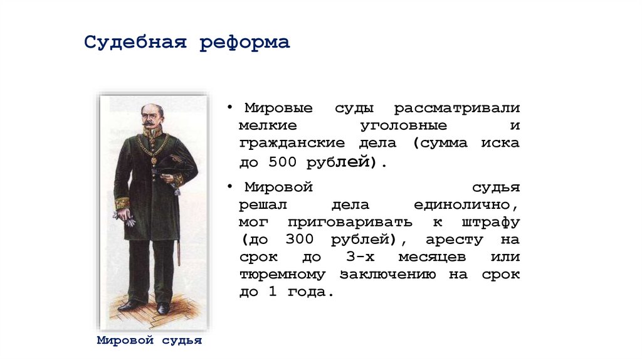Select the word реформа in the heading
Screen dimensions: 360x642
[x=245, y=43]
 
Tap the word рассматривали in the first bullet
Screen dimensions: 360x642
[x=457, y=108]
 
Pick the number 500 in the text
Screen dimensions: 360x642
[x=281, y=161]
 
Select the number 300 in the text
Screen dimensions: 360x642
[x=298, y=240]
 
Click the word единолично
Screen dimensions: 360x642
[x=465, y=204]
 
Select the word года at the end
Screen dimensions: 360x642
[x=307, y=292]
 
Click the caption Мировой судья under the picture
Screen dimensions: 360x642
[x=150, y=341]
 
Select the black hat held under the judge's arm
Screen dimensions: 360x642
[x=170, y=166]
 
